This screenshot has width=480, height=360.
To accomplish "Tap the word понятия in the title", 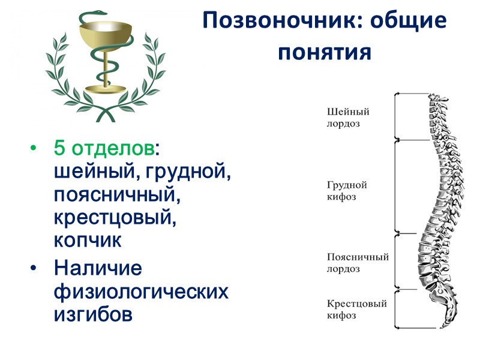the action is pos(325,52).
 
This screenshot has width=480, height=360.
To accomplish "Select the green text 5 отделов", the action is pos(103,148).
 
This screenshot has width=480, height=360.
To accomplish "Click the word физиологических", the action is pos(141,292).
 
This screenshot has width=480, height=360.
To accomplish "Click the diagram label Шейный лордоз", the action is pos(348,117).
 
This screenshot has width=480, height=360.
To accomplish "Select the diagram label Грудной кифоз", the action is pos(347,191).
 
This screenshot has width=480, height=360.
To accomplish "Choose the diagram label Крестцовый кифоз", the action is pos(356,309).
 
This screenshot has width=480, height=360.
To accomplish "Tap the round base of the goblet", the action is pos(106,89).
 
